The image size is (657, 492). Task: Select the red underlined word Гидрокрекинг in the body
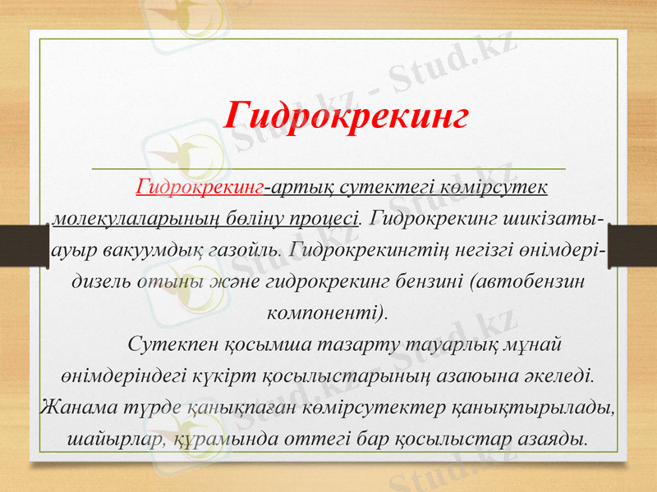[200, 188]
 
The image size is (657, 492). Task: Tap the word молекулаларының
[134, 219]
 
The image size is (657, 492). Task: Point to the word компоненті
[328, 312]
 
